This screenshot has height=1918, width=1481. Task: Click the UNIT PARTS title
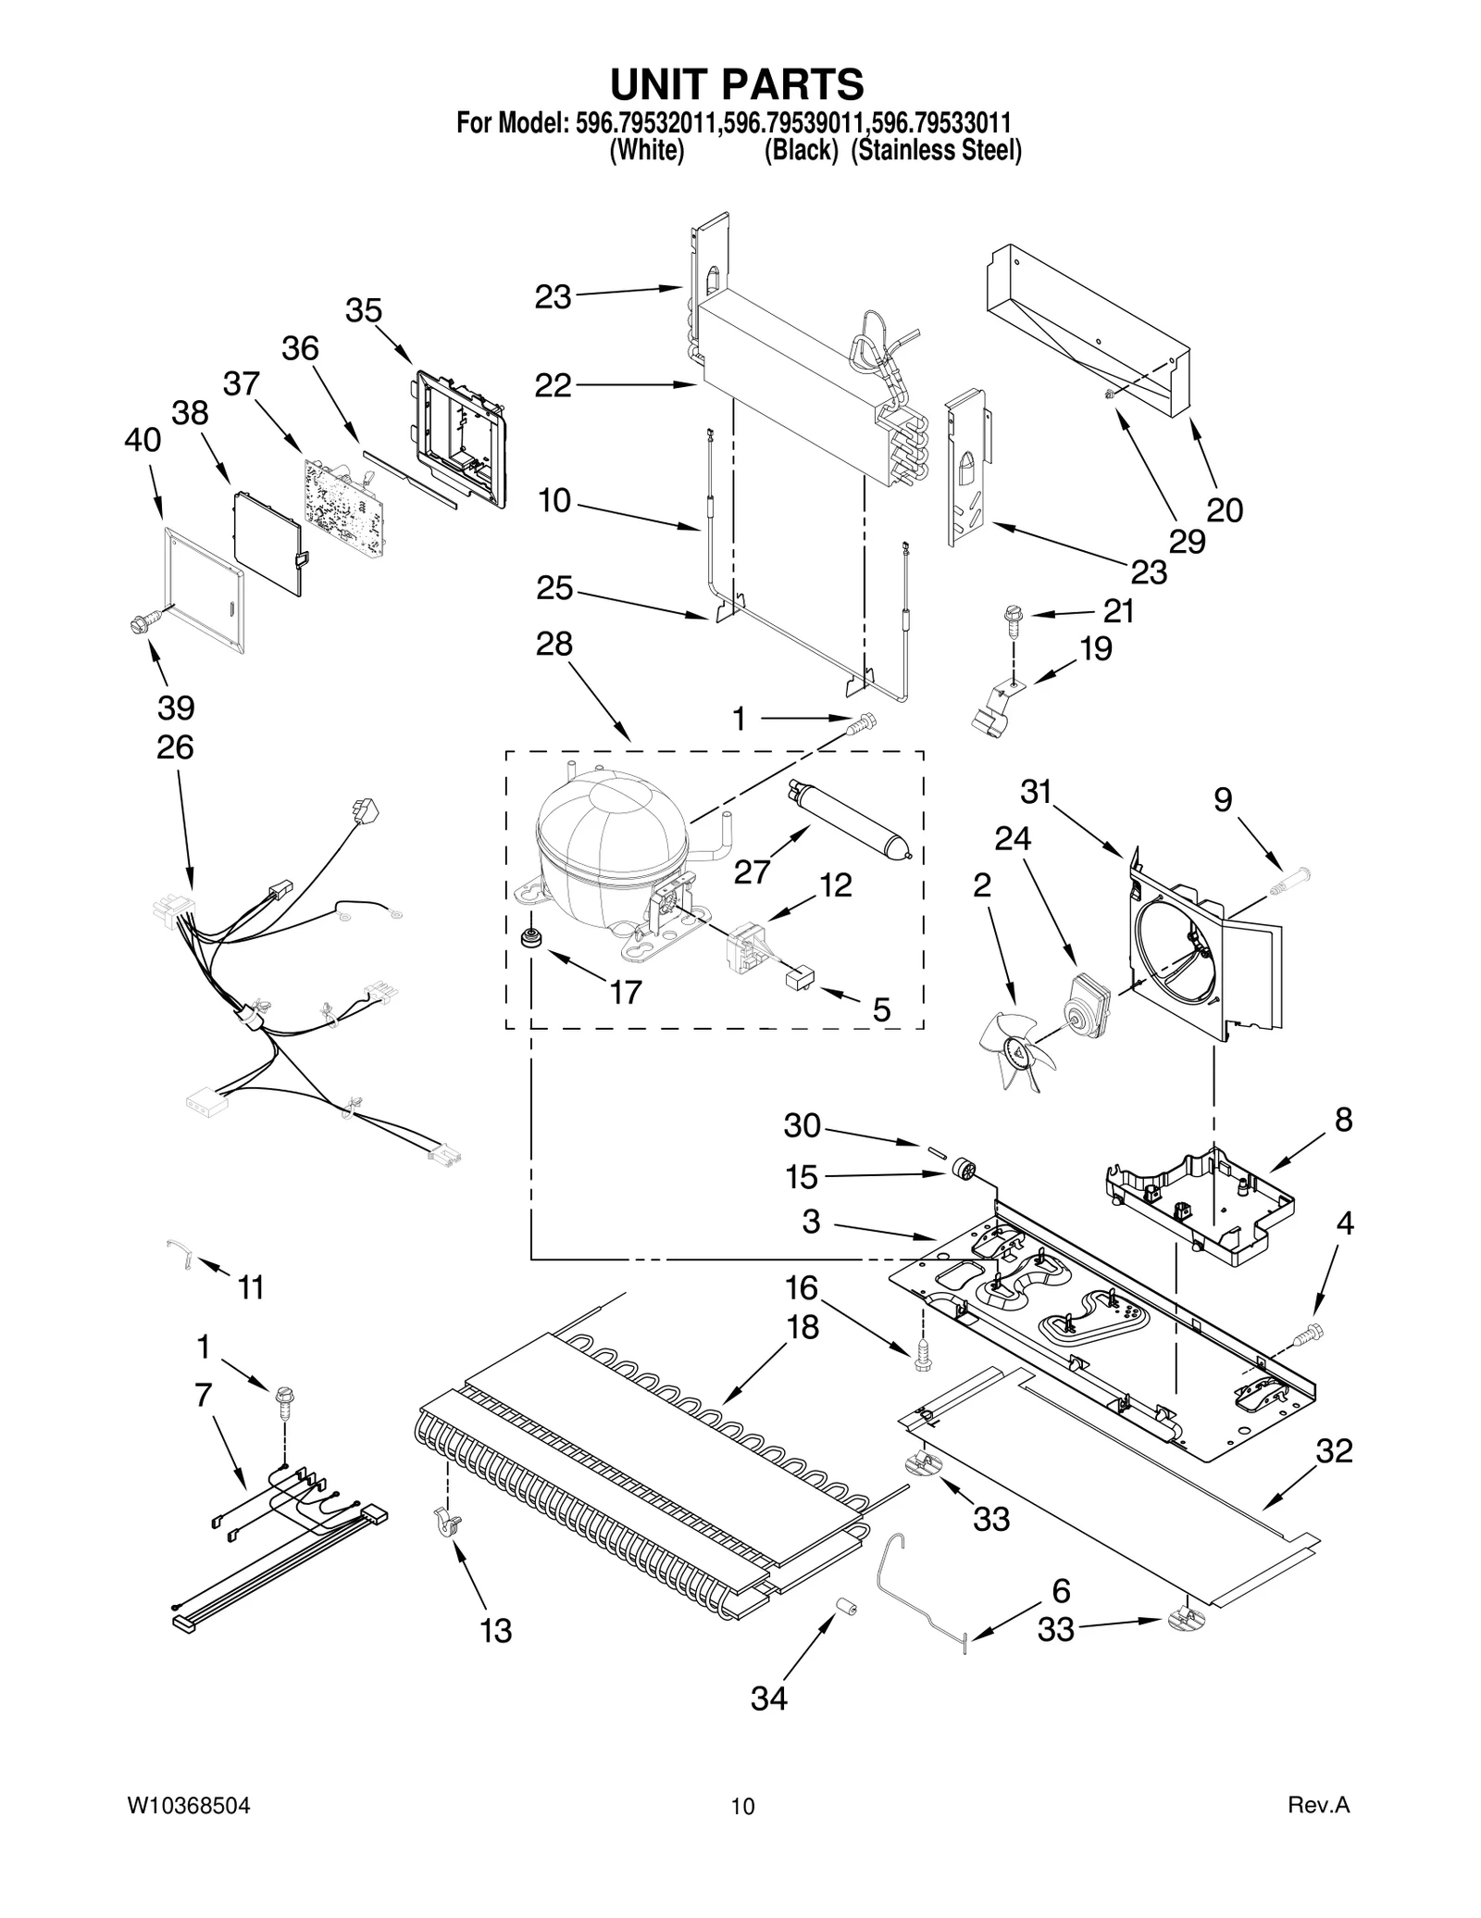(x=738, y=84)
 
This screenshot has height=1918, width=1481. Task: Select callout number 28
(x=554, y=644)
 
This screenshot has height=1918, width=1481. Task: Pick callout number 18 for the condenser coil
(x=803, y=1327)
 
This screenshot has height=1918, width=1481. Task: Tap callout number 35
(x=364, y=310)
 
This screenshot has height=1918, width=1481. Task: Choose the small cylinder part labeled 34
(x=843, y=1606)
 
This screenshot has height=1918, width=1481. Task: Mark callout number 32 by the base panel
(x=1334, y=1450)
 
